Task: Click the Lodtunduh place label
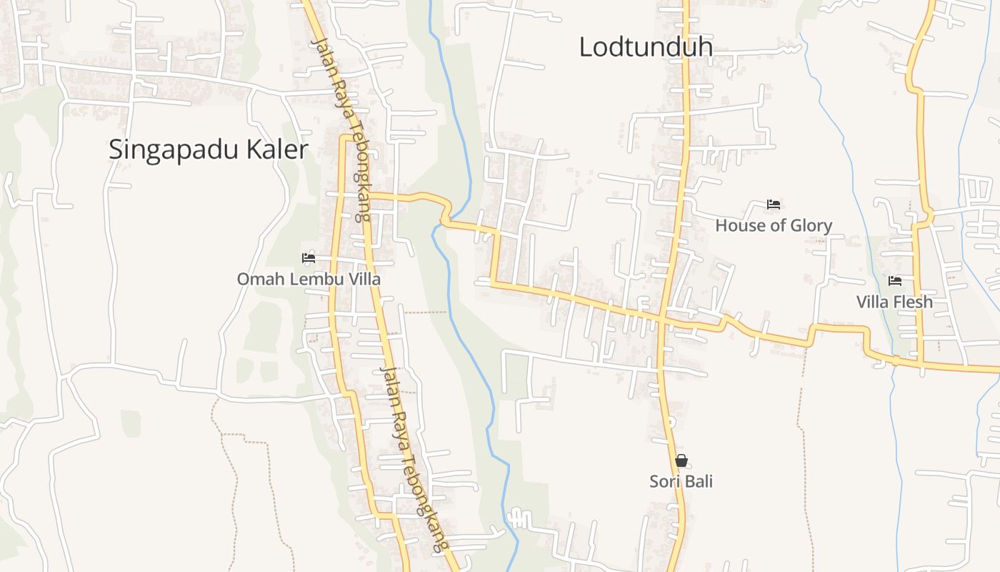(x=645, y=47)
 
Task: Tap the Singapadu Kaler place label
(x=208, y=149)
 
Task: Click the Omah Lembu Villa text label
(x=309, y=279)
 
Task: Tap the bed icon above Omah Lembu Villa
(x=309, y=257)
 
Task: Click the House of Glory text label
(x=774, y=225)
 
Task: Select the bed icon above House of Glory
(x=773, y=204)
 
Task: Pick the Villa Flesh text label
(x=894, y=302)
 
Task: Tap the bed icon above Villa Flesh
(x=895, y=281)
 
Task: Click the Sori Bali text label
(x=681, y=481)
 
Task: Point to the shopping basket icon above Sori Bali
(x=681, y=460)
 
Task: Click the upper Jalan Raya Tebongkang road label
(x=341, y=129)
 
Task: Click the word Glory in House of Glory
(x=809, y=225)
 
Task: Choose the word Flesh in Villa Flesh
(x=912, y=302)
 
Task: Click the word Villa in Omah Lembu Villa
(x=364, y=279)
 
